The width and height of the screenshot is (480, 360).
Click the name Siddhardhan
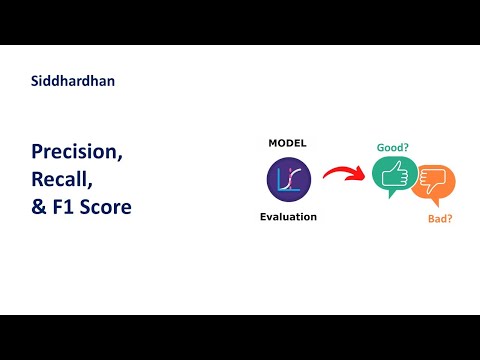click(72, 81)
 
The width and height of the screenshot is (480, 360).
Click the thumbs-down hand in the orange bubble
click(435, 182)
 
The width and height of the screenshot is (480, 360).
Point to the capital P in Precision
click(37, 153)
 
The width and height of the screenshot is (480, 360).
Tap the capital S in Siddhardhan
click(36, 81)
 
